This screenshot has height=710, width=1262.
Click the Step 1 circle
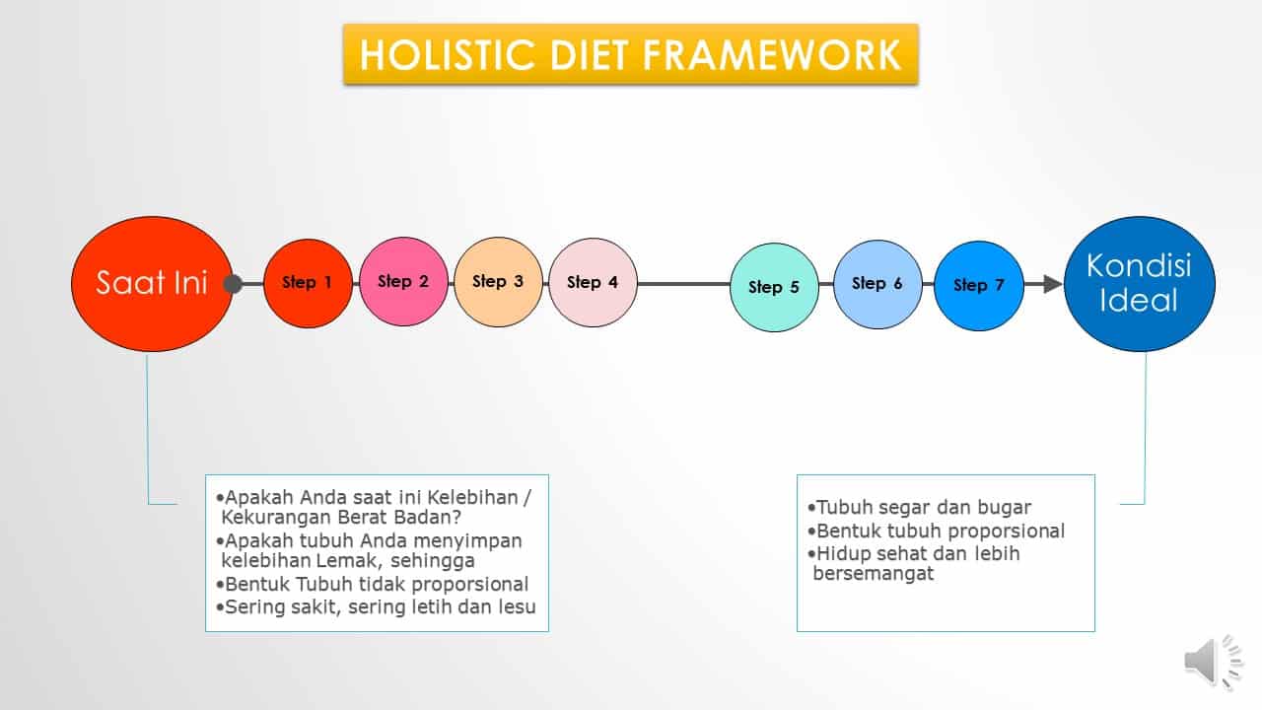[x=309, y=283]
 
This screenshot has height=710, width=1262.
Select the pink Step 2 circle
[x=403, y=282]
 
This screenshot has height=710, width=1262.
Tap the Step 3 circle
[x=498, y=282]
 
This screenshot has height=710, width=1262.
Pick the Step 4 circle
[x=593, y=282]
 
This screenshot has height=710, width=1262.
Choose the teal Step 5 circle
[x=774, y=287]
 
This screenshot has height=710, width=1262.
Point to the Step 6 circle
[x=877, y=285]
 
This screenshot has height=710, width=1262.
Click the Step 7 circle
[x=979, y=286]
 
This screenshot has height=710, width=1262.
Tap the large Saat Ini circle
[x=152, y=283]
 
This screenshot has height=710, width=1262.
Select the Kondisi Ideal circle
[x=1140, y=284]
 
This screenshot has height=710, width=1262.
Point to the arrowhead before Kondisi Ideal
[x=1052, y=284]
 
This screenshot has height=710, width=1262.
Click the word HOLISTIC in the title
[x=448, y=55]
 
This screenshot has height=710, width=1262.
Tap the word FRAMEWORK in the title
[x=772, y=55]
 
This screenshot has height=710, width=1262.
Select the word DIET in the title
[x=589, y=55]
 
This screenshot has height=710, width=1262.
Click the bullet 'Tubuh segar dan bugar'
[x=920, y=507]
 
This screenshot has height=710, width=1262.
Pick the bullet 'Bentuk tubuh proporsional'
[x=936, y=531]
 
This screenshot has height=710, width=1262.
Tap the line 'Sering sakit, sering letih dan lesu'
[x=376, y=606]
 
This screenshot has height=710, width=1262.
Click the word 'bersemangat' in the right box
[x=874, y=574]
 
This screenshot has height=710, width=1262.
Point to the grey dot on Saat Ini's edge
[x=233, y=284]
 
